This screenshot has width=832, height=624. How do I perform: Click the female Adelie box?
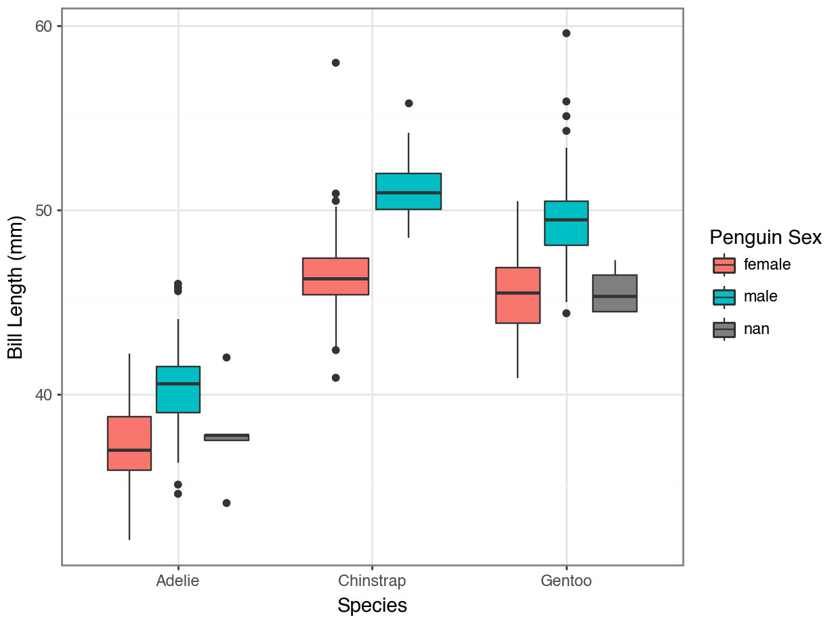pyautogui.click(x=129, y=443)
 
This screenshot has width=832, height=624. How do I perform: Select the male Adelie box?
pyautogui.click(x=178, y=390)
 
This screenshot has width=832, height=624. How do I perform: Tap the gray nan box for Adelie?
pyautogui.click(x=226, y=437)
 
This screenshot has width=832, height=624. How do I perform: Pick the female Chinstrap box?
pyautogui.click(x=335, y=276)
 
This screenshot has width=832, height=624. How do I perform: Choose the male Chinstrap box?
pyautogui.click(x=409, y=191)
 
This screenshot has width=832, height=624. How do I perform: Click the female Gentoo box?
pyautogui.click(x=518, y=295)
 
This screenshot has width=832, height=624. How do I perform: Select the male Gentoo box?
pyautogui.click(x=566, y=223)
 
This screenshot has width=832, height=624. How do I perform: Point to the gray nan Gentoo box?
pyautogui.click(x=615, y=293)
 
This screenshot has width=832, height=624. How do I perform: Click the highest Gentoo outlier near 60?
pyautogui.click(x=566, y=33)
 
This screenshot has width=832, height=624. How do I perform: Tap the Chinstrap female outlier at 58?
pyautogui.click(x=335, y=62)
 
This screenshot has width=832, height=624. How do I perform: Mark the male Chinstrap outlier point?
pyautogui.click(x=409, y=103)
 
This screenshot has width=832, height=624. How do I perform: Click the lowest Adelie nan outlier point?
pyautogui.click(x=226, y=503)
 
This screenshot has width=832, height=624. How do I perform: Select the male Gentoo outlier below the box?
pyautogui.click(x=566, y=313)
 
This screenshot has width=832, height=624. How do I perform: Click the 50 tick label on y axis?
pyautogui.click(x=45, y=211)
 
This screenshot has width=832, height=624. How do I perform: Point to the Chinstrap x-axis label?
pyautogui.click(x=372, y=581)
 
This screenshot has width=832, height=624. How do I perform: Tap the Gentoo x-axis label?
pyautogui.click(x=566, y=581)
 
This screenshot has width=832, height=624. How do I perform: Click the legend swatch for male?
pyautogui.click(x=724, y=297)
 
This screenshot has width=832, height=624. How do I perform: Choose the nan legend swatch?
pyautogui.click(x=724, y=329)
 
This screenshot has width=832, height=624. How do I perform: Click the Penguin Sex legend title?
pyautogui.click(x=766, y=238)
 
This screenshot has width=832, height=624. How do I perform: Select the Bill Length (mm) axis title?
pyautogui.click(x=16, y=287)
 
